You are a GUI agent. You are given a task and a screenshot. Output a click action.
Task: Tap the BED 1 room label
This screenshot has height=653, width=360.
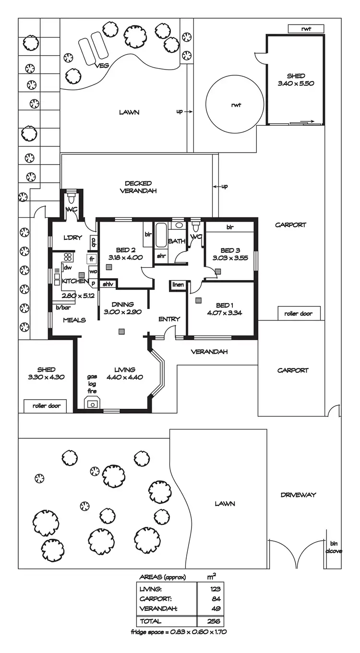point(223,305)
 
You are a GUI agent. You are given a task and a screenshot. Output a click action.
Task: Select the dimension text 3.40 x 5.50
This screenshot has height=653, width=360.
point(296,83)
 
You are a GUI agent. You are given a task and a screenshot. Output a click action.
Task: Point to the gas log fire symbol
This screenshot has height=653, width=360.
point(92,404)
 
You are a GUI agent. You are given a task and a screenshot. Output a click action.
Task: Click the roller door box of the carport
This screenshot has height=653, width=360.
point(299,313)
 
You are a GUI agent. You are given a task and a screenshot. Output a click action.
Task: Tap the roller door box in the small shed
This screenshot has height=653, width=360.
point(47,406)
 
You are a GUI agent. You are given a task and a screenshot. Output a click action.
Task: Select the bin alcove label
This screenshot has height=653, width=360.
point(334,547)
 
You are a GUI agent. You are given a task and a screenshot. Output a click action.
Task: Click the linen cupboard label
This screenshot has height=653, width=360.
point(178,285)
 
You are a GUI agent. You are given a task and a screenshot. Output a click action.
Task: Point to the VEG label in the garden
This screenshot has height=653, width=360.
point(102,66)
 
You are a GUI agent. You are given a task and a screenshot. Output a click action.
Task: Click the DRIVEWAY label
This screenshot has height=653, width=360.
point(298,495)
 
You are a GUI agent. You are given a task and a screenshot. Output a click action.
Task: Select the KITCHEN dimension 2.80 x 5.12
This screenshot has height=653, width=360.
point(78,296)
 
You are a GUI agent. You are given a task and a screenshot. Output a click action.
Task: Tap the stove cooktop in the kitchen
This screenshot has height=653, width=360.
point(68,257)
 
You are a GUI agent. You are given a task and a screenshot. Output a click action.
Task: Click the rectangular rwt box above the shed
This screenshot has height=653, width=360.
point(306,29)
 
